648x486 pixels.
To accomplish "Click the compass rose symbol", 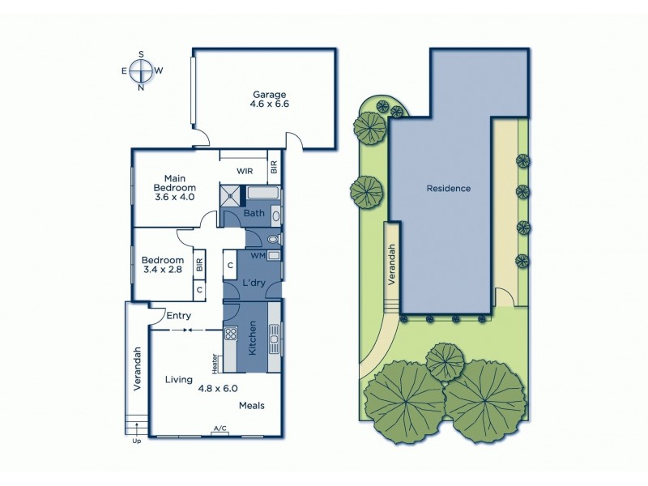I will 142,70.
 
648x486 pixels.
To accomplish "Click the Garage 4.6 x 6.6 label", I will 270,99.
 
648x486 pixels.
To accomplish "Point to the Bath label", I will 254,214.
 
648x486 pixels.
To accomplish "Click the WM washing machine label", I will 258,255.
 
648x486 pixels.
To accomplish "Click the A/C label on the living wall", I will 220,428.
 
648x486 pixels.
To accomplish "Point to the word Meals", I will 251,405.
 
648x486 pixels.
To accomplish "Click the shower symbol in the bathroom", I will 232,194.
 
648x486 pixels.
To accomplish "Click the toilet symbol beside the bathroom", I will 271,240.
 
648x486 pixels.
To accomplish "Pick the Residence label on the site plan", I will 449,189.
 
